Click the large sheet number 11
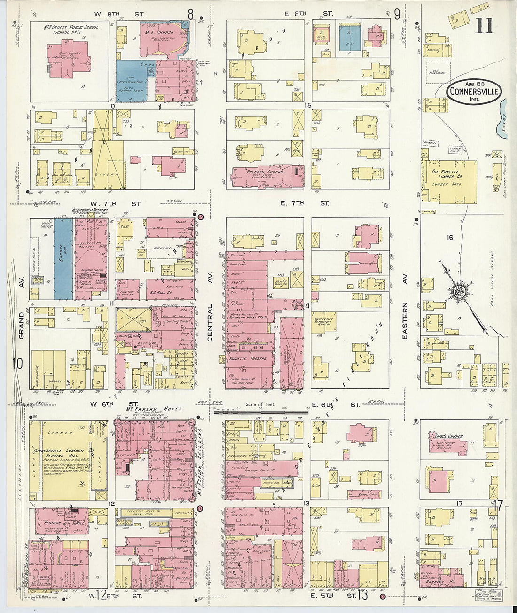pyautogui.click(x=484, y=25)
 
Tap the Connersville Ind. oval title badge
pyautogui.click(x=474, y=92)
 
